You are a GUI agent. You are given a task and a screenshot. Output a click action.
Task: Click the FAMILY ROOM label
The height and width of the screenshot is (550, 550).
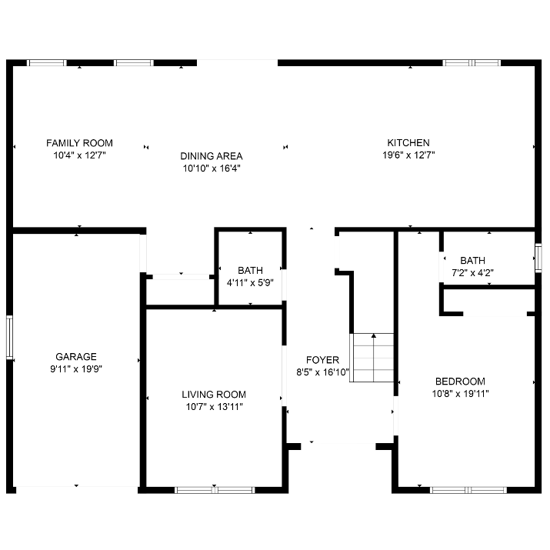pyautogui.click(x=80, y=143)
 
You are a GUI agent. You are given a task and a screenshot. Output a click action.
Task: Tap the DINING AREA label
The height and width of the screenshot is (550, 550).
pyautogui.click(x=212, y=156)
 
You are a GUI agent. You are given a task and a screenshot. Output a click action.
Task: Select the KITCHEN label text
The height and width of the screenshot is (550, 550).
pyautogui.click(x=408, y=143)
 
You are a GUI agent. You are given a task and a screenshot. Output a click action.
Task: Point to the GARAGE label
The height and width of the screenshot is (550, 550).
pyautogui.click(x=76, y=357)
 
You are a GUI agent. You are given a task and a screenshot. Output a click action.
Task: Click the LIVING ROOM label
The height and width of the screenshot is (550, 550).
pyautogui.click(x=214, y=395)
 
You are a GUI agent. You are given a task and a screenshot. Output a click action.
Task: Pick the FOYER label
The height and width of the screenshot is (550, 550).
pyautogui.click(x=323, y=360)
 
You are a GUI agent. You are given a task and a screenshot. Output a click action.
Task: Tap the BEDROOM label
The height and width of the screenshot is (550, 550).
pyautogui.click(x=460, y=382)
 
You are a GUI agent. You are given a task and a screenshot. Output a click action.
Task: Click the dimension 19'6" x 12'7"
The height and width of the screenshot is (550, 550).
pyautogui.click(x=408, y=155)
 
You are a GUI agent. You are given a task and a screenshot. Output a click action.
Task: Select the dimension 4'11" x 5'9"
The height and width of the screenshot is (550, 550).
pyautogui.click(x=250, y=283)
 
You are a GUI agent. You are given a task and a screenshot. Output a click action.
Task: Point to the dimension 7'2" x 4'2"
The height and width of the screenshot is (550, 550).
pyautogui.click(x=473, y=273)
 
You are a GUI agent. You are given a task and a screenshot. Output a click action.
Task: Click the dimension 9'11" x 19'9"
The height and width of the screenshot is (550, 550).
pyautogui.click(x=76, y=369)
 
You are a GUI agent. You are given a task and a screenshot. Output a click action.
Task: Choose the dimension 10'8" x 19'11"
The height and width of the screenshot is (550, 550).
pyautogui.click(x=461, y=394)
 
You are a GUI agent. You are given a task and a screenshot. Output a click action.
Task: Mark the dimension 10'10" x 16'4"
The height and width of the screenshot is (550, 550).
pyautogui.click(x=212, y=168)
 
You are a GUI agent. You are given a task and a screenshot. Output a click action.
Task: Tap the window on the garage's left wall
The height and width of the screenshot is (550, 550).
pyautogui.click(x=9, y=338)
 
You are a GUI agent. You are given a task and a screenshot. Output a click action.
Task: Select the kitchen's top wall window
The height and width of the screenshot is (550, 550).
pyautogui.click(x=472, y=63)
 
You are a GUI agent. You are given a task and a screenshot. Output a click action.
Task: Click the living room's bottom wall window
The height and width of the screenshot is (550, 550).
pyautogui.click(x=215, y=490)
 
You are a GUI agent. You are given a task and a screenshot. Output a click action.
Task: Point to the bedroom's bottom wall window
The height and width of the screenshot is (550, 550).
pyautogui.click(x=468, y=490)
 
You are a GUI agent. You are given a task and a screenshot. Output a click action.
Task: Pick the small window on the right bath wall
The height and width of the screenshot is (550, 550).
pyautogui.click(x=538, y=258)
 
